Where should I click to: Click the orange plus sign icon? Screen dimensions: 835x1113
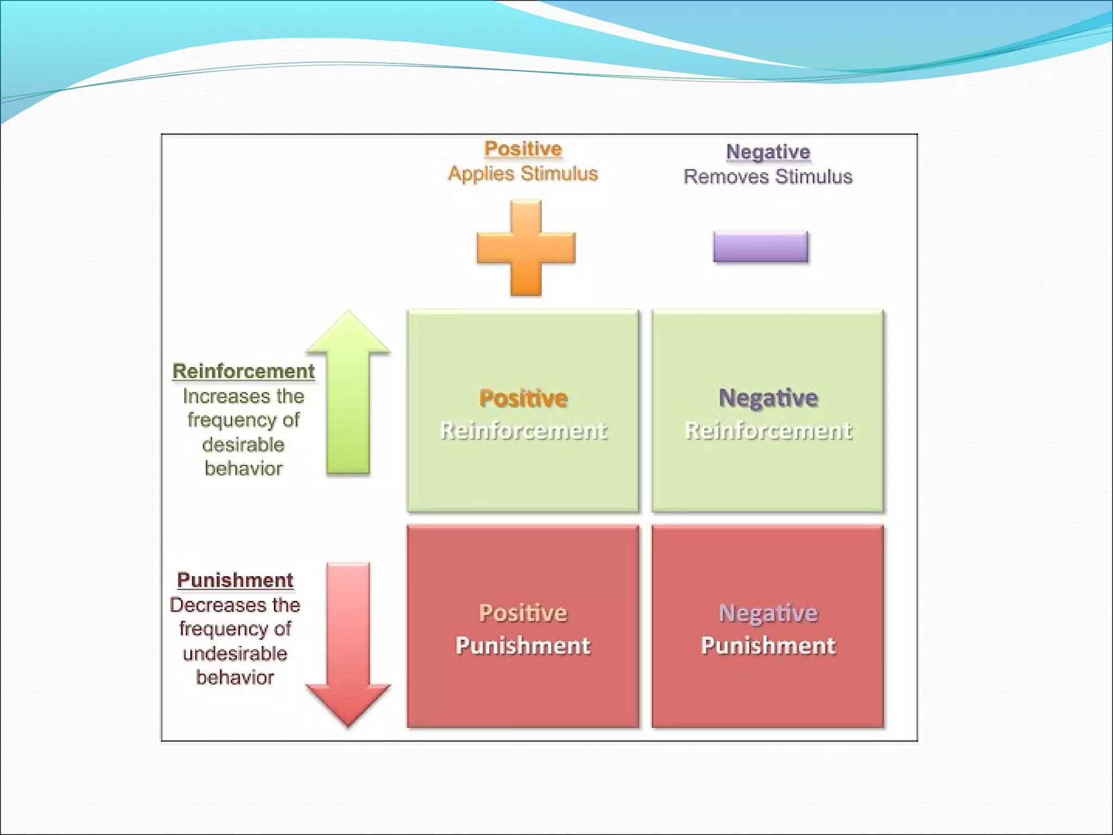click(x=526, y=248)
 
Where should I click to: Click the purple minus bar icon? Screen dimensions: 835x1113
click(x=760, y=247)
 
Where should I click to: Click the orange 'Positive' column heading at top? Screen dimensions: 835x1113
click(x=523, y=148)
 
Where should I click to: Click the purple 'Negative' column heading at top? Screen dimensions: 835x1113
click(x=768, y=152)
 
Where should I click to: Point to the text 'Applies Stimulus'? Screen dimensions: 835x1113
click(x=523, y=173)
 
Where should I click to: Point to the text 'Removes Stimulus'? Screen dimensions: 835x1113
click(x=768, y=177)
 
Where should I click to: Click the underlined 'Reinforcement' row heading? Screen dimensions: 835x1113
click(x=243, y=371)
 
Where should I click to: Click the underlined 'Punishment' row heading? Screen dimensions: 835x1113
click(x=235, y=580)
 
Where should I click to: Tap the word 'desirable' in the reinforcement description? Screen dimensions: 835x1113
click(x=243, y=445)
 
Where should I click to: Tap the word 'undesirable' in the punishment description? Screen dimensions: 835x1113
click(x=235, y=653)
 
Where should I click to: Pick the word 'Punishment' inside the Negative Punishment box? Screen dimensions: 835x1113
click(x=768, y=646)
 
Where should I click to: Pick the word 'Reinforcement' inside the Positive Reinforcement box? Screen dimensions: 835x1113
click(x=523, y=431)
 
